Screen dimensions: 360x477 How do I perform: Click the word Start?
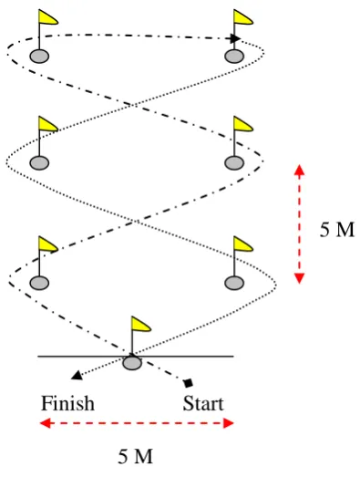[x=203, y=403]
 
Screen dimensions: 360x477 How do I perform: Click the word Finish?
[x=67, y=403]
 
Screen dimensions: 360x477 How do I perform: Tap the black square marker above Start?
[x=189, y=383]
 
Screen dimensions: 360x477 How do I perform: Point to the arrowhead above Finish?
[x=77, y=376]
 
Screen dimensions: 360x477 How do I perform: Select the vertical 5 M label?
[x=337, y=229]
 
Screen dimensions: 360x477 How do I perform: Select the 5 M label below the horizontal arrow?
[x=135, y=456]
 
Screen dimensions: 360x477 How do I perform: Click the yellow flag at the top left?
[x=47, y=16]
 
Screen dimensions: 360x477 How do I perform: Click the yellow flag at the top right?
[x=242, y=16]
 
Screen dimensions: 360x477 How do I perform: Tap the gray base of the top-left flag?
[x=39, y=57]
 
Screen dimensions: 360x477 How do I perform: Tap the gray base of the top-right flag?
[x=234, y=57]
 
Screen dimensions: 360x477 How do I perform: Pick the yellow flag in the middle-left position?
[x=47, y=124]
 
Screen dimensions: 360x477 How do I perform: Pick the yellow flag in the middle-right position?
[x=242, y=124]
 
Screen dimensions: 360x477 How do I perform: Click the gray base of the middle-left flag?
[x=39, y=162]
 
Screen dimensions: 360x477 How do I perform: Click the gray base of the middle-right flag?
[x=234, y=162]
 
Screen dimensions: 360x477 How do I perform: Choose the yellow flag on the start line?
[x=140, y=324]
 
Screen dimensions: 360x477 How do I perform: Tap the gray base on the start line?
[x=132, y=363]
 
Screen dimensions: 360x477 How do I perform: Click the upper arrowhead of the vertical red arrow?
[x=300, y=170]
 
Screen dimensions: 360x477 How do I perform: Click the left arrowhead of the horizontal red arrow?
[x=46, y=423]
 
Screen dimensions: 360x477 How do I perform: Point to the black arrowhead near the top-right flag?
[x=235, y=38]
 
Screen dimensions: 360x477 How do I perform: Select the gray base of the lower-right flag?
[x=234, y=283]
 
